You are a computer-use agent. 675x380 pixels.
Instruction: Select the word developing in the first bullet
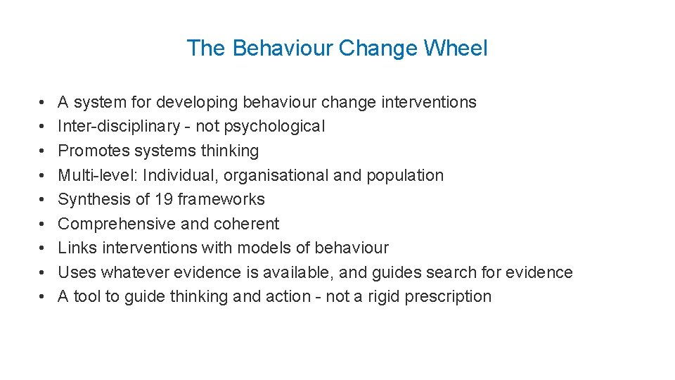coord(197,103)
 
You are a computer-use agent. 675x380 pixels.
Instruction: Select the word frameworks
coord(221,199)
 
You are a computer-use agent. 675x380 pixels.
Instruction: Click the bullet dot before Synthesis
coord(43,200)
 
